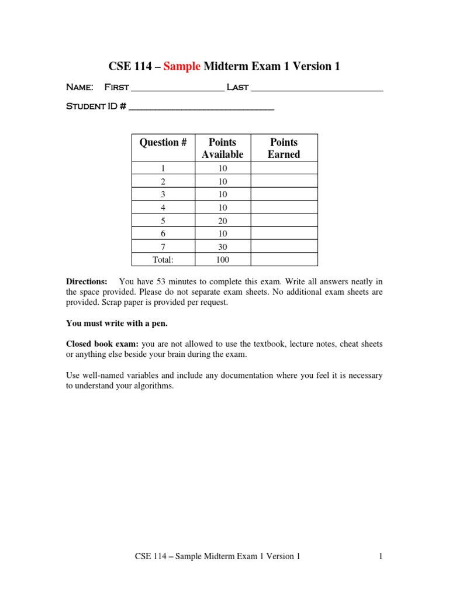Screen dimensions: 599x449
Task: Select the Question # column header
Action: [163, 142]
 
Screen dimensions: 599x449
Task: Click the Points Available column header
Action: [222, 148]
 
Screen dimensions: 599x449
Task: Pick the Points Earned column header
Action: [284, 148]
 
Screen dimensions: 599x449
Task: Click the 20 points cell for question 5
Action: [222, 221]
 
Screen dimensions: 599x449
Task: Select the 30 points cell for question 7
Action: [222, 247]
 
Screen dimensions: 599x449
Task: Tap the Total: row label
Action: [163, 260]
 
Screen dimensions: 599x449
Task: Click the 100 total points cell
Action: [222, 260]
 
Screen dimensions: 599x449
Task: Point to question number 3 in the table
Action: [163, 194]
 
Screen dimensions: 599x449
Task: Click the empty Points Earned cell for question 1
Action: [284, 168]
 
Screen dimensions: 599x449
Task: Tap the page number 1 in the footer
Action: [380, 557]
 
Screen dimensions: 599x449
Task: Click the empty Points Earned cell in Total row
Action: [284, 260]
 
